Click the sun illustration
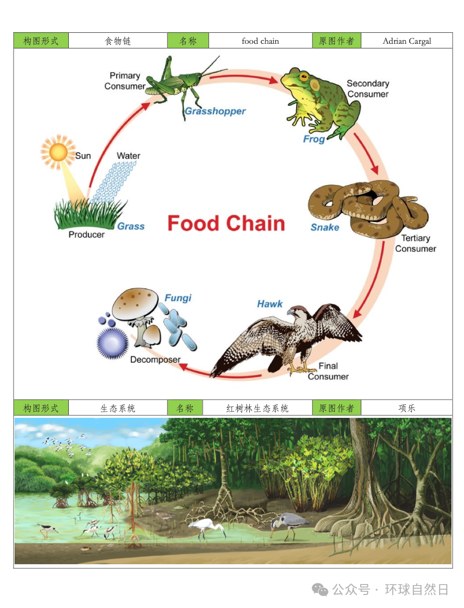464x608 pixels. pos(58,152)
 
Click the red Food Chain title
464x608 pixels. pos(226,224)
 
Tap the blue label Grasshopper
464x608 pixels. pos(215,111)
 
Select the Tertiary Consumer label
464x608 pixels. pos(416,243)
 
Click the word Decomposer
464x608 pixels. pos(155,359)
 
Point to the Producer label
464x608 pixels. pos(87,234)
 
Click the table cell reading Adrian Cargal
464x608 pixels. pos(407,41)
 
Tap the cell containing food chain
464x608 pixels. pos(260,41)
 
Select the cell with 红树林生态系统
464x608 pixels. pos(257,408)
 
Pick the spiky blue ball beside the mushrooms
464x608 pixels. pos(113,343)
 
